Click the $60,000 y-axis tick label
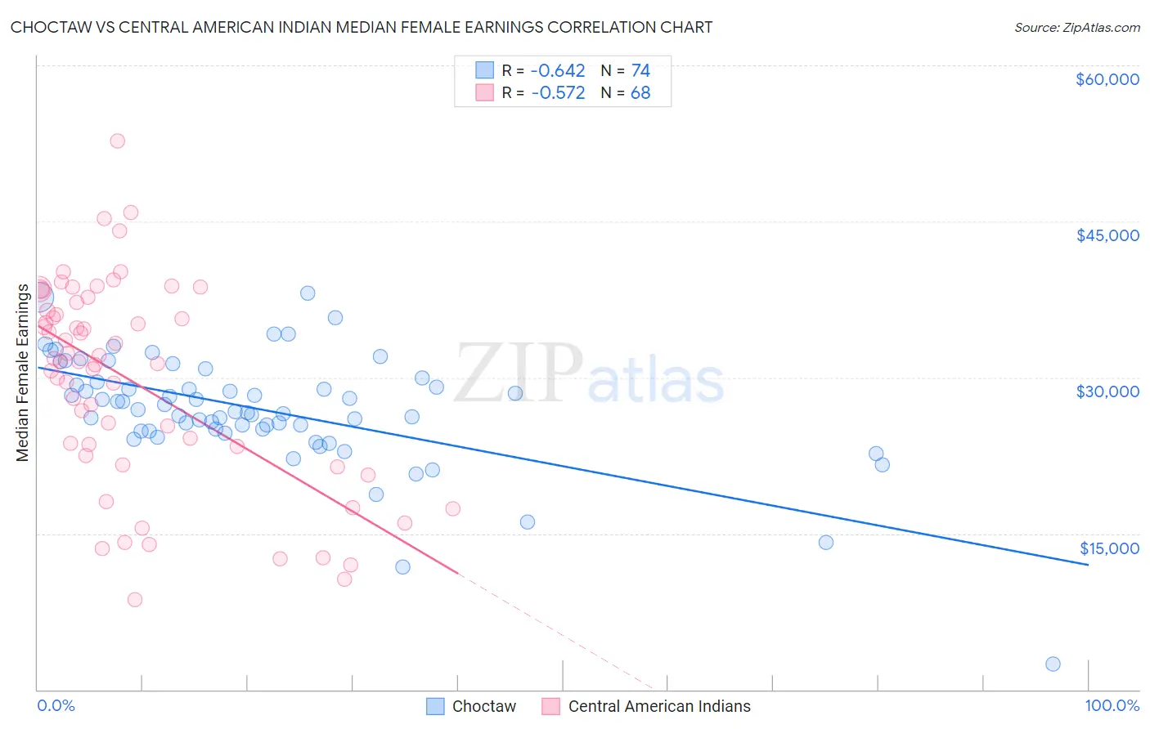click(x=1107, y=79)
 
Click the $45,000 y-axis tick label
click(x=1107, y=235)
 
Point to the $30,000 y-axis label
click(x=1107, y=391)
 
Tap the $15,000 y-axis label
click(x=1108, y=548)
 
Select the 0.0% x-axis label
click(x=56, y=705)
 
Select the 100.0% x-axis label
click(x=1112, y=705)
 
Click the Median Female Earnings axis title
click(x=23, y=373)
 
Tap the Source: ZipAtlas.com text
click(x=1076, y=27)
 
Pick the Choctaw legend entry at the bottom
click(x=483, y=706)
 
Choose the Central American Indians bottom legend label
click(x=658, y=706)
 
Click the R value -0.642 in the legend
click(x=558, y=70)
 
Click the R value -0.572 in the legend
click(x=558, y=92)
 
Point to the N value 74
click(x=640, y=70)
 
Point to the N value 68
click(x=640, y=92)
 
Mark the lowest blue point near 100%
click(x=1053, y=664)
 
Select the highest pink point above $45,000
click(x=117, y=141)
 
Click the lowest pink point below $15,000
click(x=135, y=600)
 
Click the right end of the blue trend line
click(x=1088, y=565)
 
